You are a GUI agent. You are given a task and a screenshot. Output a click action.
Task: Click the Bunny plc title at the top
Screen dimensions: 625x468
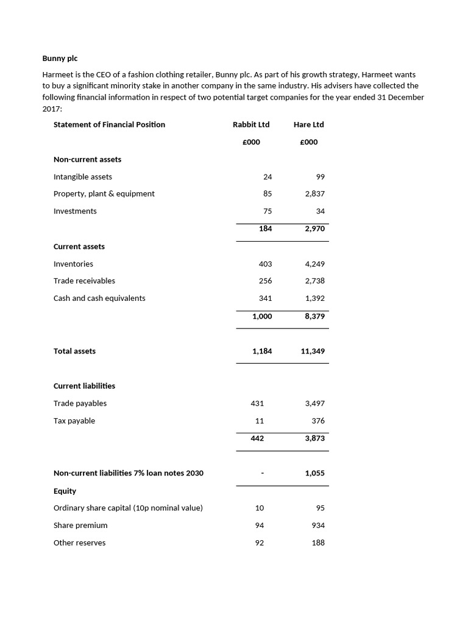click(60, 59)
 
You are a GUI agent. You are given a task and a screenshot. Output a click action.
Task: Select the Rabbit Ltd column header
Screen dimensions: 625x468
click(250, 125)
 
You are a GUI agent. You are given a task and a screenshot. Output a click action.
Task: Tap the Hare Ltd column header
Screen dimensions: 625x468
click(308, 125)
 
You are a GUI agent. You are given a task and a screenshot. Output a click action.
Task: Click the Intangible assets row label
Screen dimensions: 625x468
click(83, 176)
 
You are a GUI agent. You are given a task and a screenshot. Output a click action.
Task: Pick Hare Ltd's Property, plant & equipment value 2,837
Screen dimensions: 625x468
click(314, 193)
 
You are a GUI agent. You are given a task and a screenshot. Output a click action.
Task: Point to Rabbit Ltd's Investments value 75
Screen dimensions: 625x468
click(268, 211)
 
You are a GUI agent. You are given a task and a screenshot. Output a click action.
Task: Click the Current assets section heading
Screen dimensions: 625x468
click(79, 247)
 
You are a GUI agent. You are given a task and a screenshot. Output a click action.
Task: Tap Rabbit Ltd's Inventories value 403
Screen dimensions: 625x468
click(265, 264)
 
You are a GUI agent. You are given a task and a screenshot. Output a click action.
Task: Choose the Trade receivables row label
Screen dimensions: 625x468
click(84, 281)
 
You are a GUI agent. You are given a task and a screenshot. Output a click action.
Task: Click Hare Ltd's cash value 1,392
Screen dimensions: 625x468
click(314, 298)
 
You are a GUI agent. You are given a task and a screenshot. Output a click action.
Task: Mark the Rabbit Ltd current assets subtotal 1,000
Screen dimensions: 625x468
click(262, 316)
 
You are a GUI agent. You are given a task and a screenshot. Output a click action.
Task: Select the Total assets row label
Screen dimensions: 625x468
click(74, 351)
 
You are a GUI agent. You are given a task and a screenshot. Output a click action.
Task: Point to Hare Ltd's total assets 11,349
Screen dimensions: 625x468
click(313, 352)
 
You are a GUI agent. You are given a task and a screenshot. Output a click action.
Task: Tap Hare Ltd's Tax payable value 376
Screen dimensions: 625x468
click(317, 421)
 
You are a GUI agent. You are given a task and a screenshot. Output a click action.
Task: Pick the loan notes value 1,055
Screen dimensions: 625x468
click(314, 473)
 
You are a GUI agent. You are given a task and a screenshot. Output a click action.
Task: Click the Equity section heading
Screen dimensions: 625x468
click(65, 491)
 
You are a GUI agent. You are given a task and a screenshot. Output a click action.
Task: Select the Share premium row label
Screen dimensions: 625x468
click(80, 526)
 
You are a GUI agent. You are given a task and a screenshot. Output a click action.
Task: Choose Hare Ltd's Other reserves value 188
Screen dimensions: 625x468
click(317, 543)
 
